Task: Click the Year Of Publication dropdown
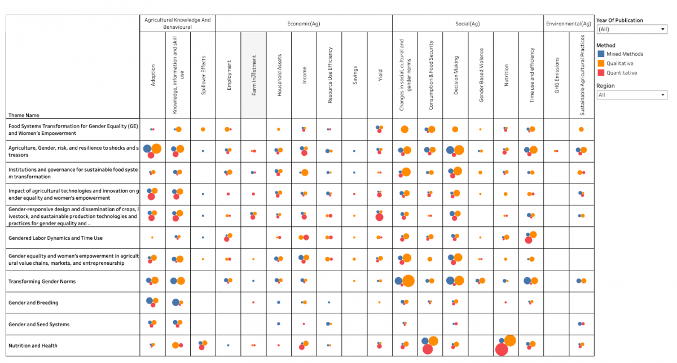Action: click(632, 29)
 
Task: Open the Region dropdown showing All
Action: click(632, 95)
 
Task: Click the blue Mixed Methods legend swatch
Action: click(601, 54)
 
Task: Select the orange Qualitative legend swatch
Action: click(601, 63)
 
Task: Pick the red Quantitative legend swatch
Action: click(601, 73)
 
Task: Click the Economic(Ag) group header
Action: click(304, 24)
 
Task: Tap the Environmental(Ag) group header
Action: click(569, 24)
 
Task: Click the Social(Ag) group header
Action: click(468, 24)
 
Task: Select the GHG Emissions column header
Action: click(557, 75)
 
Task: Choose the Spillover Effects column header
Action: click(203, 75)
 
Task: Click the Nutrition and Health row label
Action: click(33, 345)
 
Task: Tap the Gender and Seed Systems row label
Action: click(39, 324)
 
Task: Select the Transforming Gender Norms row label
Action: click(42, 281)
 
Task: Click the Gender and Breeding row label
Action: click(33, 303)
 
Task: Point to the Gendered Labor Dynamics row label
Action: click(55, 238)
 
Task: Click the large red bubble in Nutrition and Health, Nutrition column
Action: click(501, 350)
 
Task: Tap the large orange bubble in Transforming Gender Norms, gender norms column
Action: click(408, 281)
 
